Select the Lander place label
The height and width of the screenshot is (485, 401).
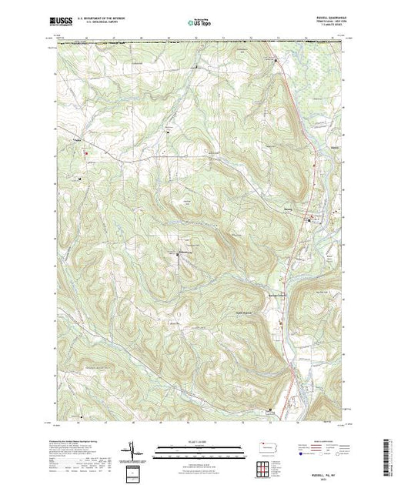click(x=76, y=139)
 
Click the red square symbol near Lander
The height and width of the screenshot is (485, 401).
click(x=85, y=152)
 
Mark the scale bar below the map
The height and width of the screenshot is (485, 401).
click(x=199, y=447)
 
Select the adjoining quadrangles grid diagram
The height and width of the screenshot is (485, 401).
click(x=264, y=466)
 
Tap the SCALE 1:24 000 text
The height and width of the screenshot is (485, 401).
click(x=199, y=440)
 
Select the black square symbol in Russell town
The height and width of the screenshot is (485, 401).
click(x=310, y=222)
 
